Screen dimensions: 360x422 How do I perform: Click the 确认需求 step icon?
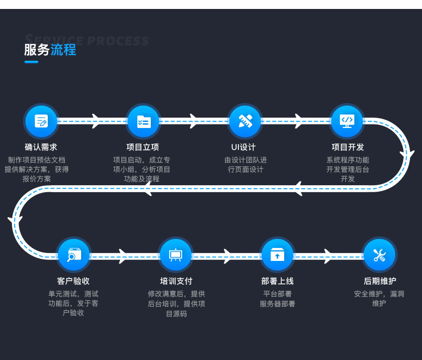click(x=41, y=121)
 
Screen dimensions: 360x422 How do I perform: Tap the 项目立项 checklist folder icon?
click(x=143, y=121)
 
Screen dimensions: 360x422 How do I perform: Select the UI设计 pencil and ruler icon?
click(x=245, y=121)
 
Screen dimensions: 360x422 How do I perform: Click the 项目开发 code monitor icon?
click(x=347, y=121)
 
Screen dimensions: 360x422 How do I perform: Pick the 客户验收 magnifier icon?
click(x=74, y=255)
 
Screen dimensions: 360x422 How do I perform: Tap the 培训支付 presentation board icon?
click(x=176, y=255)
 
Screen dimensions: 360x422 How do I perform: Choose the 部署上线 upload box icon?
click(x=277, y=255)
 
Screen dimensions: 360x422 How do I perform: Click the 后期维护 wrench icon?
click(x=379, y=255)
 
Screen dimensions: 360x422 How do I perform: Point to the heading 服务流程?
click(x=50, y=50)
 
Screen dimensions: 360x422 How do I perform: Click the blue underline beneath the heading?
click(x=31, y=62)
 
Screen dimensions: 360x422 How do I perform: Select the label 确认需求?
click(x=41, y=147)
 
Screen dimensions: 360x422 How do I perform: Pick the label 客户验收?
click(x=73, y=281)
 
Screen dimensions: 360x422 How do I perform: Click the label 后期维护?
click(x=380, y=281)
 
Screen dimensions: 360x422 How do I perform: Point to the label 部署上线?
click(x=277, y=281)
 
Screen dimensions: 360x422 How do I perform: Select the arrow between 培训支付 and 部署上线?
click(x=228, y=256)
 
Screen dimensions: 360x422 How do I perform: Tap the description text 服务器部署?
click(x=277, y=304)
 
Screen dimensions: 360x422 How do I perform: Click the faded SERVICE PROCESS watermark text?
click(x=87, y=40)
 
